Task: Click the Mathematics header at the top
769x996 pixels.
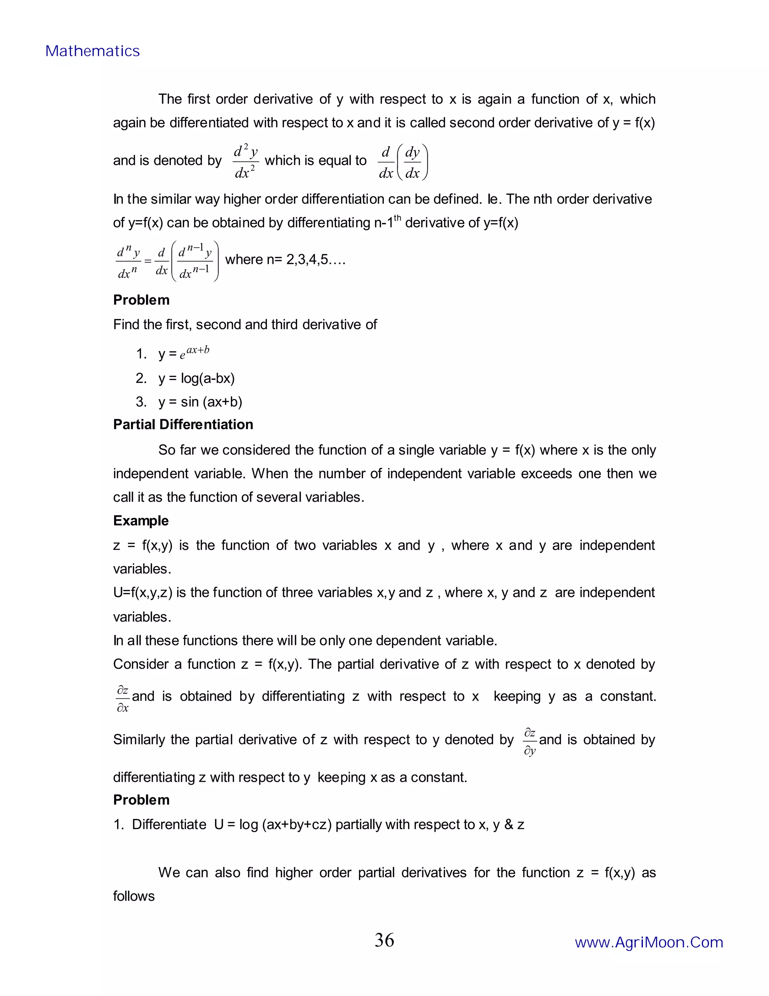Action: [x=92, y=51]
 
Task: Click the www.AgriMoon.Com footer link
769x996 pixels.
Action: [x=649, y=942]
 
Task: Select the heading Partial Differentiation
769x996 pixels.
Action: [x=183, y=425]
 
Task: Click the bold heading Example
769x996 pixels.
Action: [x=141, y=521]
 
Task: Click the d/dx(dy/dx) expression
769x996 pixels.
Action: [x=403, y=162]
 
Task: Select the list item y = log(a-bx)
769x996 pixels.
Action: [x=196, y=378]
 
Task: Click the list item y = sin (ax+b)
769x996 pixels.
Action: [x=200, y=402]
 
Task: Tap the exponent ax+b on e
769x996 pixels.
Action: [x=198, y=350]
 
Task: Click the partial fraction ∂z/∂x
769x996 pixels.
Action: [x=122, y=698]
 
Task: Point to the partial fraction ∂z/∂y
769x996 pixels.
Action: [x=529, y=742]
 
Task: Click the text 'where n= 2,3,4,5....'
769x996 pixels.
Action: [x=285, y=260]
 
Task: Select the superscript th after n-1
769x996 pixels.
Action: [x=397, y=218]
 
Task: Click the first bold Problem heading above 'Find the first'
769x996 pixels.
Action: [x=141, y=300]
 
